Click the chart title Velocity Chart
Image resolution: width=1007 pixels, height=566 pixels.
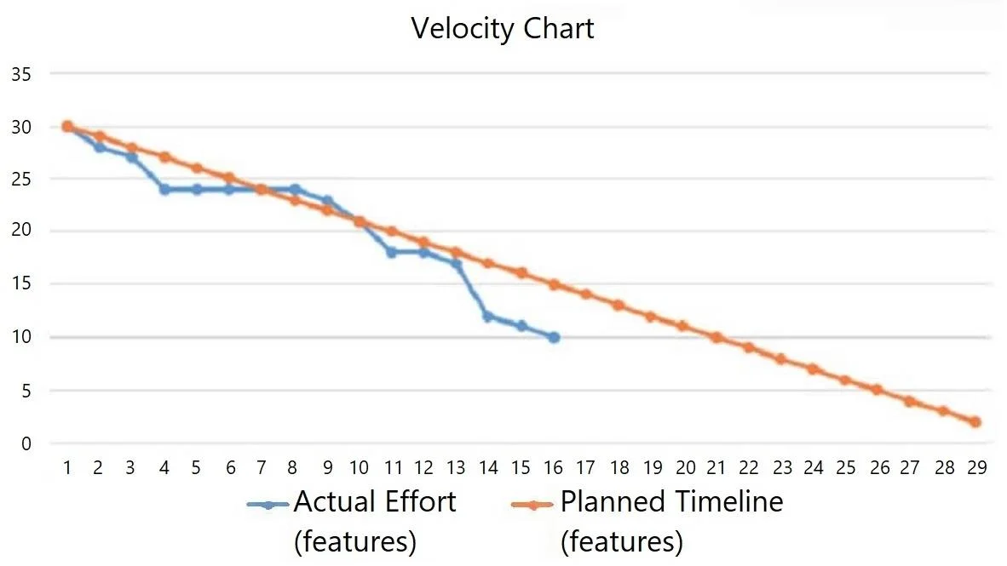[502, 28]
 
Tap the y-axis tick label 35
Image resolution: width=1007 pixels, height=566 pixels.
[20, 74]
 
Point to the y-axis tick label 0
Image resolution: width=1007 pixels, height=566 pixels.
[26, 443]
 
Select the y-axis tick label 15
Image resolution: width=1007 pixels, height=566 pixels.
[20, 283]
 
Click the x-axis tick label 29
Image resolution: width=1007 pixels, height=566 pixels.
[976, 467]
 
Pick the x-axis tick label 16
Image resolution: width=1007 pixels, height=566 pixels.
[553, 467]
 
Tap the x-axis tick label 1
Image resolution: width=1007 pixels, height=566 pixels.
[66, 467]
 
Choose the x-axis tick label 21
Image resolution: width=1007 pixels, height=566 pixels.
[716, 467]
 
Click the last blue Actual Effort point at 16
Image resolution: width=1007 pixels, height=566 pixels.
[554, 337]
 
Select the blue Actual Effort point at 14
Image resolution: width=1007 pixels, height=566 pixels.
[488, 316]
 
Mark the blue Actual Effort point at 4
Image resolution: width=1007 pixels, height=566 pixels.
[164, 189]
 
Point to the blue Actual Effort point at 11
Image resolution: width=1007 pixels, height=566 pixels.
[391, 252]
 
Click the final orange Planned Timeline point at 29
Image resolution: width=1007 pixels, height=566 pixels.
[975, 421]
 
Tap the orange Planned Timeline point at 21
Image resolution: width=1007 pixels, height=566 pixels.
[716, 337]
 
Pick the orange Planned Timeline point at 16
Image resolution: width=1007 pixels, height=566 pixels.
[554, 284]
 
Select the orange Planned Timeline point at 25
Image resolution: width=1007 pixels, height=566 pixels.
[846, 380]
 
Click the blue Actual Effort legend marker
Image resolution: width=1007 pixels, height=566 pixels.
[268, 505]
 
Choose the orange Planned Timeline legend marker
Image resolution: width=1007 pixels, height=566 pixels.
[532, 505]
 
